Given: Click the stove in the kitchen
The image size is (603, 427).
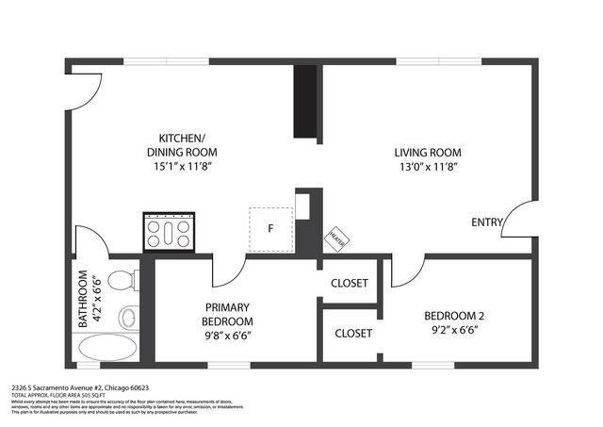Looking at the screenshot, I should [x=169, y=231].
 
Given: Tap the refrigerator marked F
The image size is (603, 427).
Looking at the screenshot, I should [x=270, y=229].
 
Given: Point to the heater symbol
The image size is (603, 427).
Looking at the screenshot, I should [x=336, y=238].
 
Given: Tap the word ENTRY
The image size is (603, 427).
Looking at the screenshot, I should [x=487, y=222].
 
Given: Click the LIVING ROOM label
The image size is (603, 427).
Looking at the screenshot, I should [x=427, y=153].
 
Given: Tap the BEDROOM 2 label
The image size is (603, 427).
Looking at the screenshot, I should [x=454, y=315].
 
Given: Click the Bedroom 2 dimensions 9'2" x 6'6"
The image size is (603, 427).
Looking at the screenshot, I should [x=454, y=330].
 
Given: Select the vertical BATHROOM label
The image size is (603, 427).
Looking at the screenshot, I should [x=83, y=300].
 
